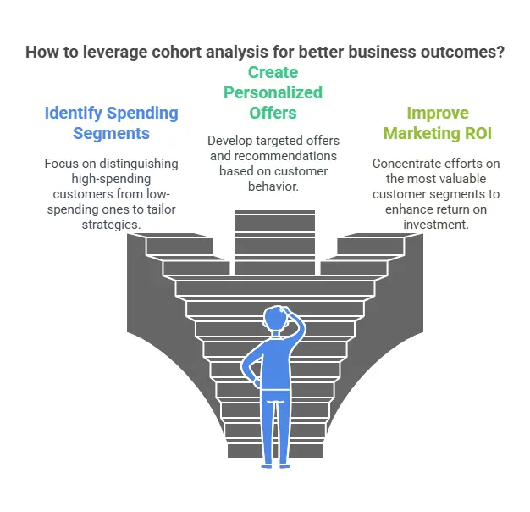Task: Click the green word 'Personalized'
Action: [x=273, y=92]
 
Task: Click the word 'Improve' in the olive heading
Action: [x=437, y=113]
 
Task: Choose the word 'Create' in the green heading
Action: [x=273, y=73]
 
